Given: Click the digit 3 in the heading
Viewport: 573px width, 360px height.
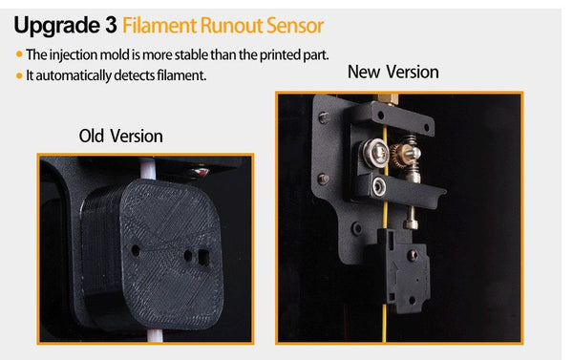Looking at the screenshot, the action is click(x=111, y=25).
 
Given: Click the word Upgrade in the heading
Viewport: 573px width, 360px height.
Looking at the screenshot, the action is click(x=56, y=27).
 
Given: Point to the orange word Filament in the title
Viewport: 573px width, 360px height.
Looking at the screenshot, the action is click(x=159, y=26).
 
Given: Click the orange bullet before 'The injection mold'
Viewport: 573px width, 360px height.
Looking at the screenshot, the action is click(x=19, y=54).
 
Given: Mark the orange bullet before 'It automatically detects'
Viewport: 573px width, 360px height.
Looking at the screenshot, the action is click(x=19, y=76).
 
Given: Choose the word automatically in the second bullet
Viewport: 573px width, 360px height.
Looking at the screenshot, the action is click(x=74, y=76).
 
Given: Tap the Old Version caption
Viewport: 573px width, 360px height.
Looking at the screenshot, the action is click(x=121, y=136).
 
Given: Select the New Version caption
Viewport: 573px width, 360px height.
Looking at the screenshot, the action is click(x=393, y=72).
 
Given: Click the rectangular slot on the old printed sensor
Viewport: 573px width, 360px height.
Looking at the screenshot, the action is click(x=203, y=258).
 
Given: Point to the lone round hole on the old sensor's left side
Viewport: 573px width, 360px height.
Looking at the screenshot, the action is click(x=136, y=251).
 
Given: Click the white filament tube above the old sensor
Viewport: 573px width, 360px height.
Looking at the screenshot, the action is click(x=148, y=168).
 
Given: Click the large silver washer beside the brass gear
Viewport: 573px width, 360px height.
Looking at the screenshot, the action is click(x=376, y=154).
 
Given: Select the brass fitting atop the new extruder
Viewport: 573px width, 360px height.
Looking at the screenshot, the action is click(x=388, y=99).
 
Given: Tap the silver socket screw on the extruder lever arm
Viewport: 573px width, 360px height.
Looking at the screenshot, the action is click(x=378, y=187).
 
